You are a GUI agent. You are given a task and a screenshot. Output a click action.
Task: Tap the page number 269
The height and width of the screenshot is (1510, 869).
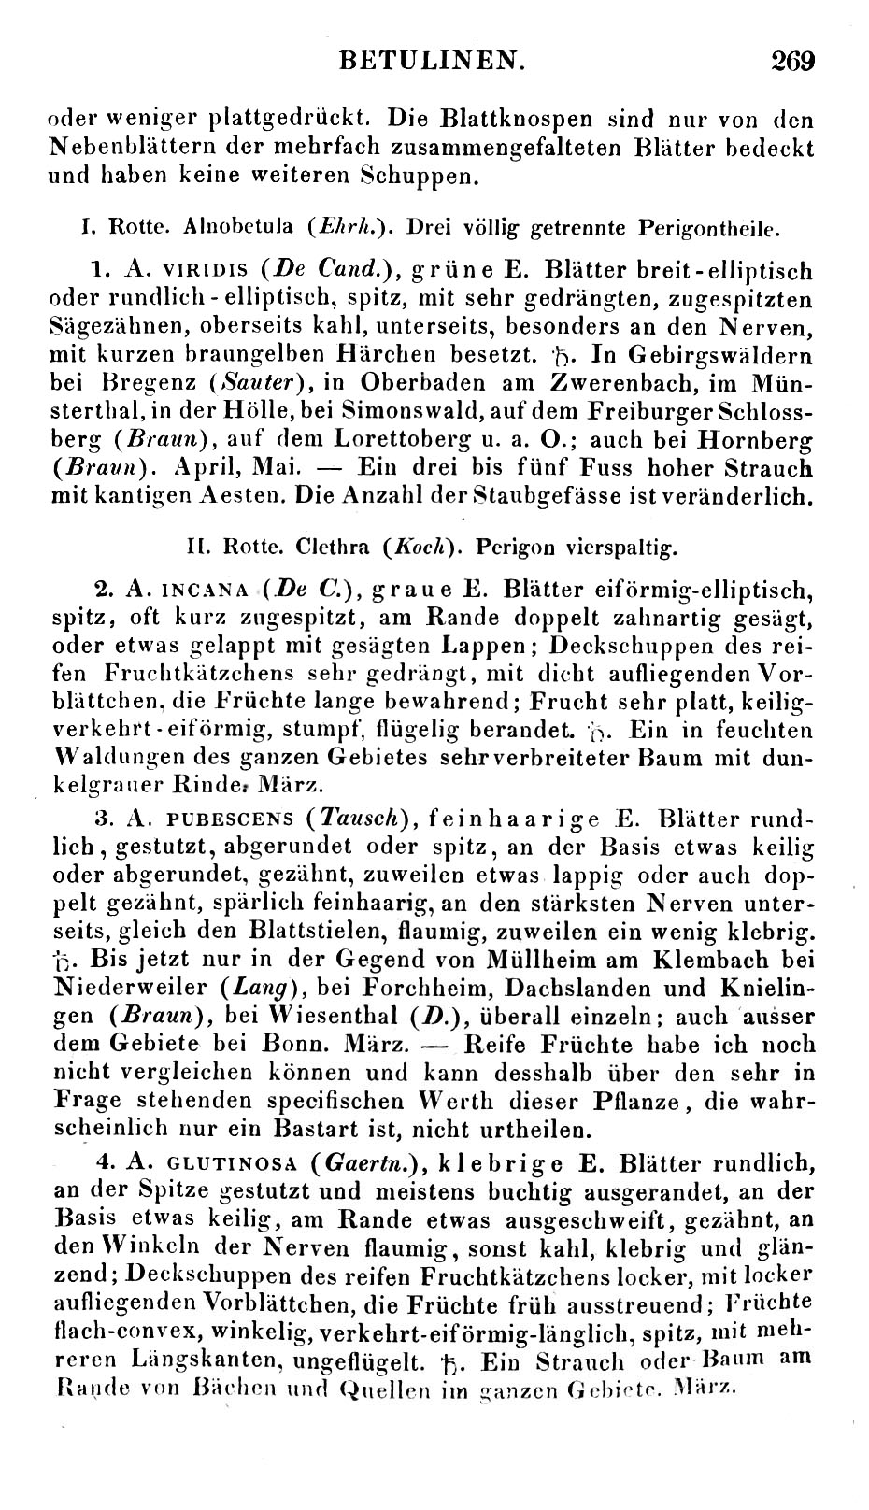pyautogui.click(x=793, y=62)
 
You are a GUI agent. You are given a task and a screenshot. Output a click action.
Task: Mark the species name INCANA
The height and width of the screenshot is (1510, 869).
pyautogui.click(x=205, y=591)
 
